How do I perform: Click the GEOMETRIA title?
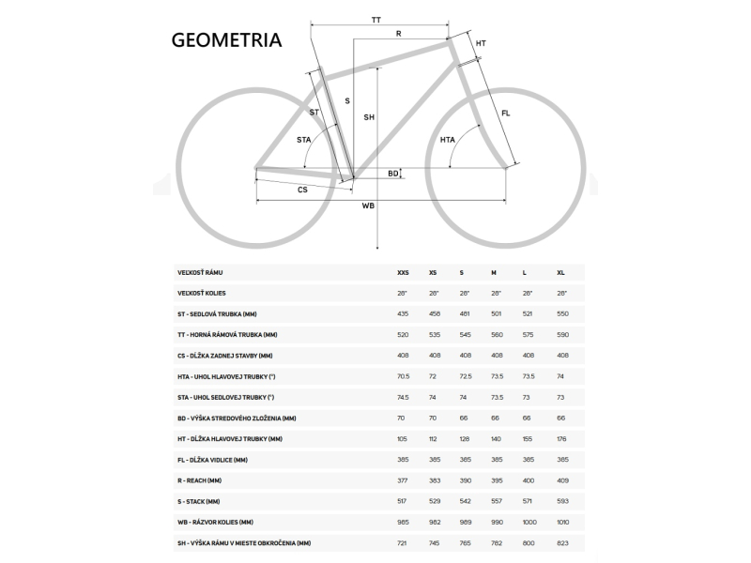226,40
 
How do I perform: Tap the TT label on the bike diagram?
376,20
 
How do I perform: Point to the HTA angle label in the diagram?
448,141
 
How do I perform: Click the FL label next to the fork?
506,114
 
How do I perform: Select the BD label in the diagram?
393,174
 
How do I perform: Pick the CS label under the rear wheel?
302,190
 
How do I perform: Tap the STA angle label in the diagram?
304,140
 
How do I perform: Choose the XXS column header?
403,273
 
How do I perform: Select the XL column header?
561,273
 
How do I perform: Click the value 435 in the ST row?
403,314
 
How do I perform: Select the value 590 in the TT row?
562,335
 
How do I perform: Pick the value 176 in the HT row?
562,439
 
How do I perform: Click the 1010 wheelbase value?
563,522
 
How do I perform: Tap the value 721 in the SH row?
403,542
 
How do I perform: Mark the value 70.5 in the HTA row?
404,376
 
